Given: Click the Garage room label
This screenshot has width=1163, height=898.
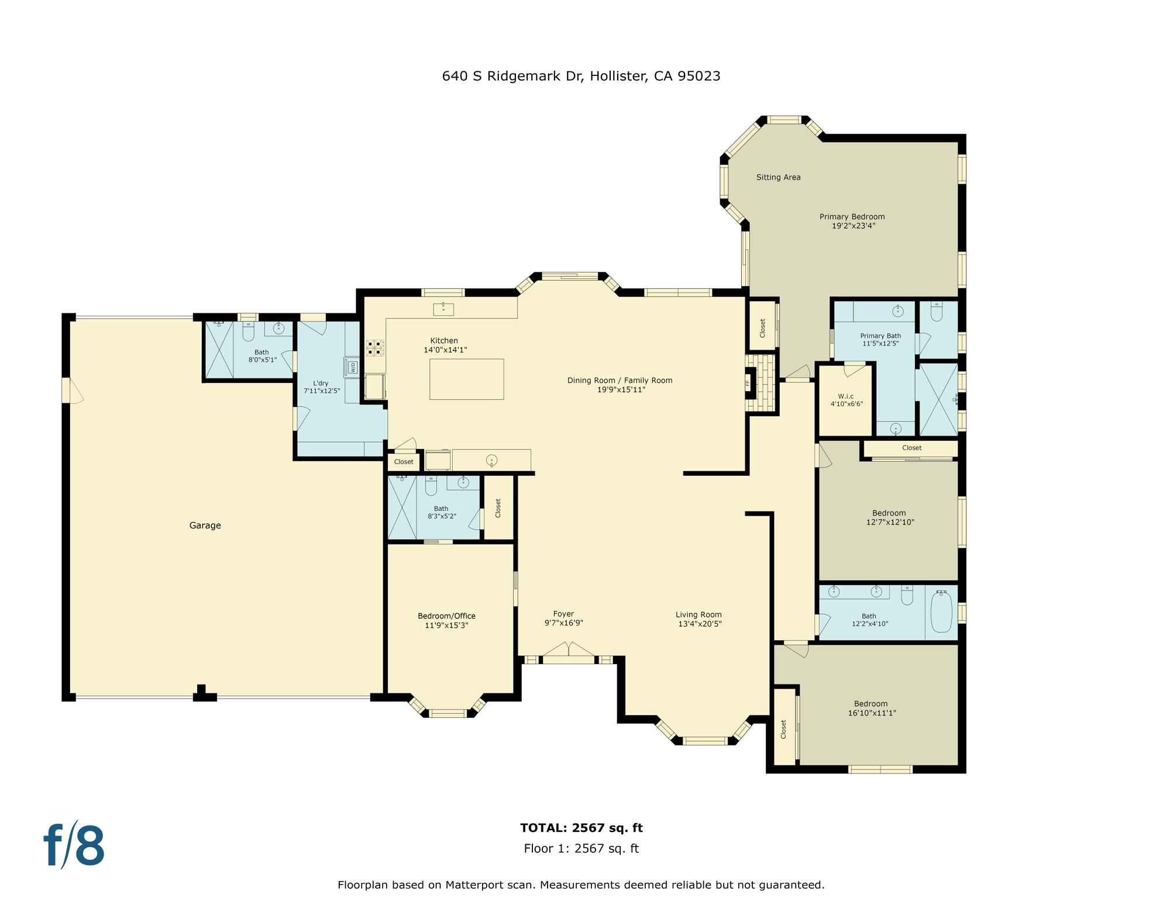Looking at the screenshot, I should coord(205,525).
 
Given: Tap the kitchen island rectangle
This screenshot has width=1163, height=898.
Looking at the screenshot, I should coord(466,379).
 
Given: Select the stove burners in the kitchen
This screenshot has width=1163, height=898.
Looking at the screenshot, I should coord(374,348).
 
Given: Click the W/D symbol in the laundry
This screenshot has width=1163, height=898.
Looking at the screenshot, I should coord(352,367).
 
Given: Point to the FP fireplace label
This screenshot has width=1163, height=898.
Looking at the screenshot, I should coord(748,384).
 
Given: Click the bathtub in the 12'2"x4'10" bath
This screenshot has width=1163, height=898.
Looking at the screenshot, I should coord(941,612).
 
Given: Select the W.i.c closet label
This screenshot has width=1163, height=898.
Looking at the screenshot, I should coord(845,396).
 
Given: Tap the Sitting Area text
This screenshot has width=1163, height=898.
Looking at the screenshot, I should coord(778,177).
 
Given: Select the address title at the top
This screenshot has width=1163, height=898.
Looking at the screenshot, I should coord(581,76).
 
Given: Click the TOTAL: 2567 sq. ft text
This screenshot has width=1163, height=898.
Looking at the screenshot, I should coord(581,827).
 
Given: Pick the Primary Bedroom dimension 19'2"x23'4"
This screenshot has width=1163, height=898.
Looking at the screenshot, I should coord(853,226).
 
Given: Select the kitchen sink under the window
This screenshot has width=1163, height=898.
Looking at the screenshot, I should coord(443,309).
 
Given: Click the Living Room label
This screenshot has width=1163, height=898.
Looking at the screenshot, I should coord(699,614).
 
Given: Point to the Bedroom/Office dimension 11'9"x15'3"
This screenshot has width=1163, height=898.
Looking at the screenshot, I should coord(446,625).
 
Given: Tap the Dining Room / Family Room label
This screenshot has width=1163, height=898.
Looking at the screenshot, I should coord(620,380).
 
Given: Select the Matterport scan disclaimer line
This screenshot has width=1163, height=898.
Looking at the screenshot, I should coord(581,885).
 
